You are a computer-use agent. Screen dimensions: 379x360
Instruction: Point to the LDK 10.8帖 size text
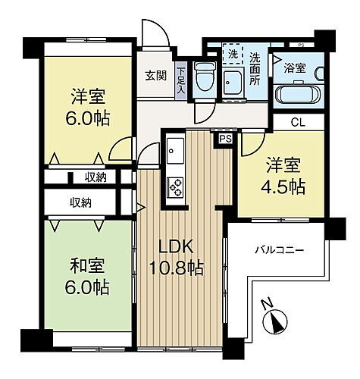click(x=179, y=267)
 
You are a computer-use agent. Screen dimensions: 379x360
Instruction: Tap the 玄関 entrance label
click(x=156, y=76)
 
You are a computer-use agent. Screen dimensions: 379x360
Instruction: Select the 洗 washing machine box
click(x=233, y=55)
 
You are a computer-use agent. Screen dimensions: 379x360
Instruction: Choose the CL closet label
click(x=299, y=121)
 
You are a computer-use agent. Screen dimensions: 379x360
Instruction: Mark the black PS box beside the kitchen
click(x=225, y=139)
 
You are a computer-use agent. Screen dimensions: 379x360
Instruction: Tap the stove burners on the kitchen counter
click(x=174, y=186)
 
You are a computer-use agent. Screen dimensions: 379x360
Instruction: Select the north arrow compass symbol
click(x=273, y=322)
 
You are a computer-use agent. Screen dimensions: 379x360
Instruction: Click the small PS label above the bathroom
click(x=302, y=43)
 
